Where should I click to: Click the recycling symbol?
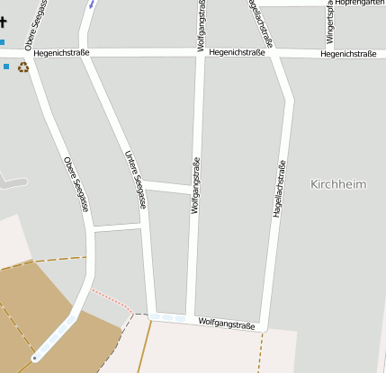23,67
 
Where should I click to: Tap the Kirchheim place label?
338,184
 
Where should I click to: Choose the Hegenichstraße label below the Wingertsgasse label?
347,54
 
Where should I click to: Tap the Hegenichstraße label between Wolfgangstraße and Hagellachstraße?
237,53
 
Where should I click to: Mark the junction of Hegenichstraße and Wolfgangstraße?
201,53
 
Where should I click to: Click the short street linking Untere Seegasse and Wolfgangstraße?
167,187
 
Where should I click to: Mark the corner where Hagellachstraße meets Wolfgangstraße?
265,325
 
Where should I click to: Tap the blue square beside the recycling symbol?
5,67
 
